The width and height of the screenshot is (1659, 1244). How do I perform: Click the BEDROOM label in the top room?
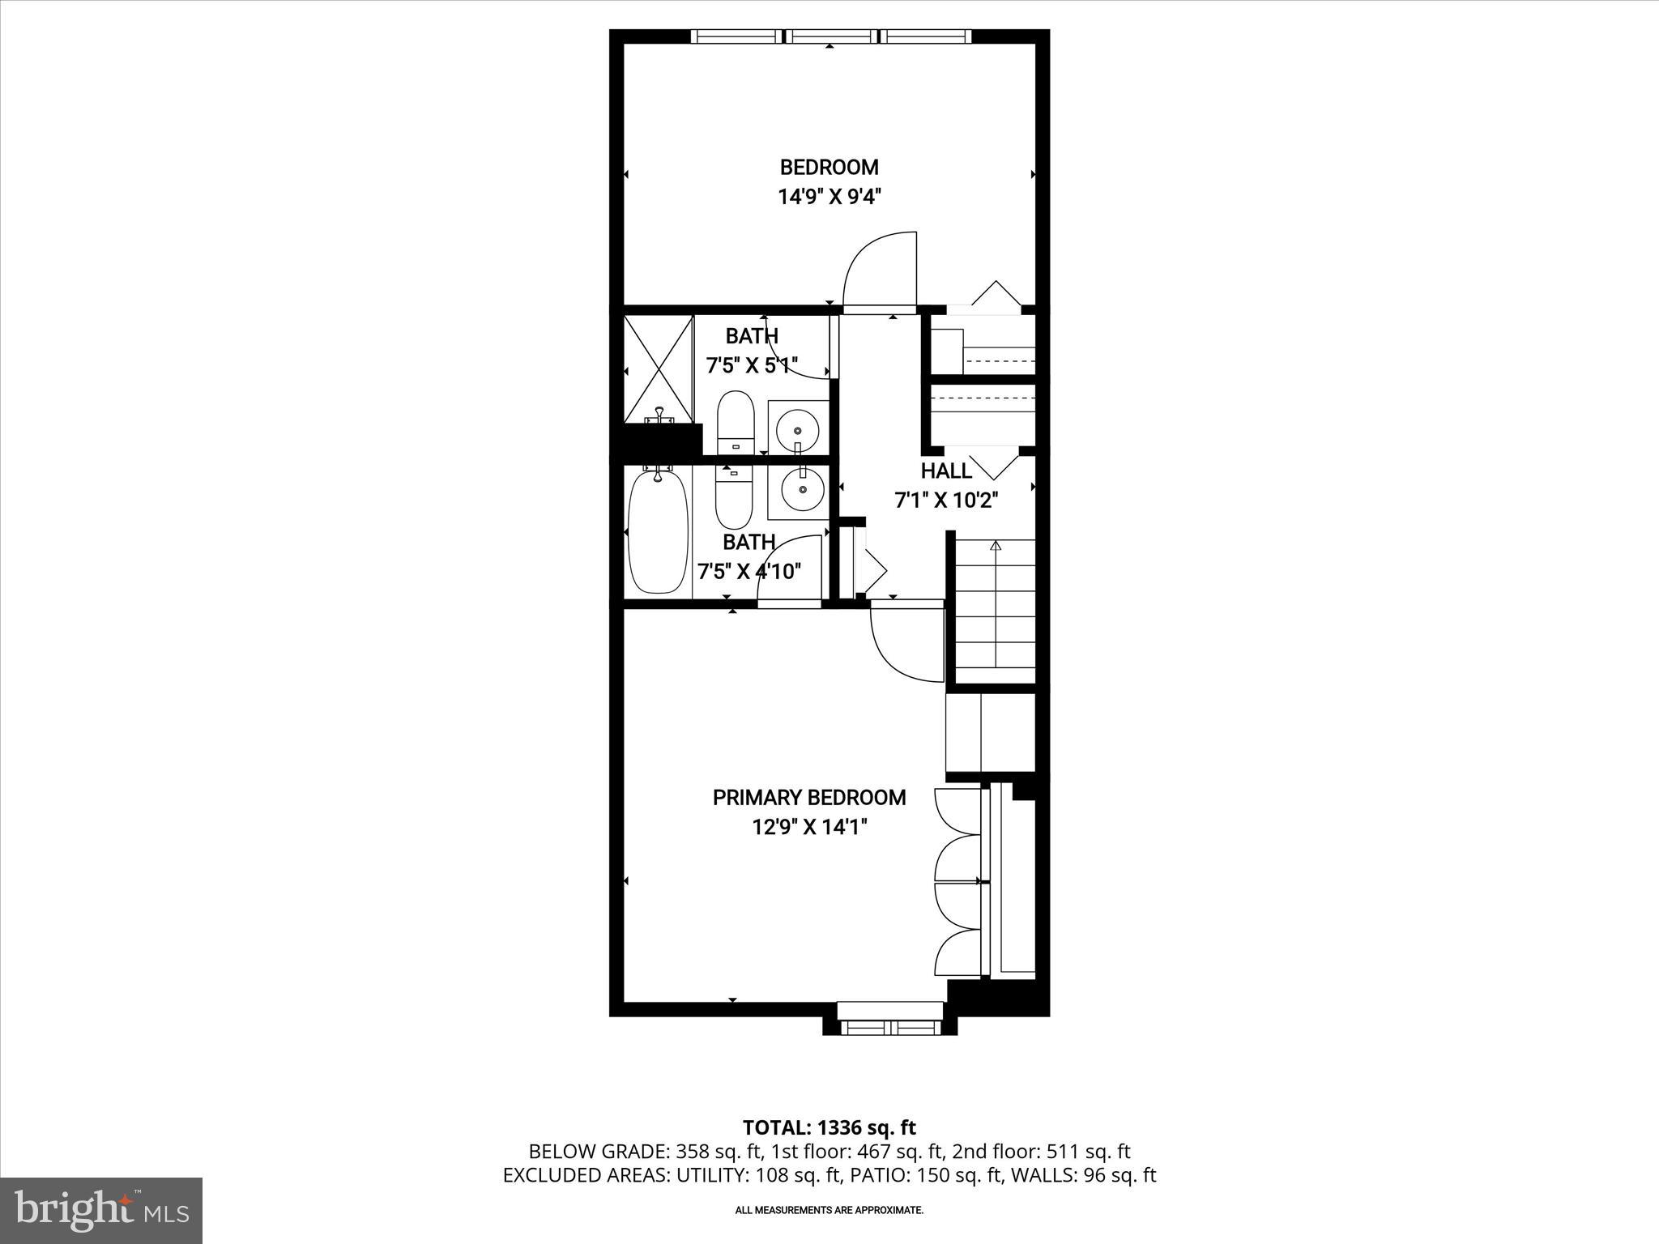click(829, 167)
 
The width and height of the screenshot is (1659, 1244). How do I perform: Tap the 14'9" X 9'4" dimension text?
click(829, 197)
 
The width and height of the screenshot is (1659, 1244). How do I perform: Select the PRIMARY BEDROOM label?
click(808, 798)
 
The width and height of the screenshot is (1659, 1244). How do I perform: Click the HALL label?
click(945, 471)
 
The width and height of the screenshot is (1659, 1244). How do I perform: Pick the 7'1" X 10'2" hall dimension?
click(945, 501)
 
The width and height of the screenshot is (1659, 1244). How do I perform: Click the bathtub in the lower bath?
click(659, 532)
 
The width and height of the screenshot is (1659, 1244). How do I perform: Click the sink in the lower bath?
click(802, 490)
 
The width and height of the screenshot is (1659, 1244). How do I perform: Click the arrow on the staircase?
click(996, 547)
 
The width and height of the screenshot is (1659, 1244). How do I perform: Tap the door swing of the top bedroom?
click(880, 271)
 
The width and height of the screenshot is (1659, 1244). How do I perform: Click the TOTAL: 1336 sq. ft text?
click(829, 1127)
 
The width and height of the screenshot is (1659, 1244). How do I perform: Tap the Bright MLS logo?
click(101, 1210)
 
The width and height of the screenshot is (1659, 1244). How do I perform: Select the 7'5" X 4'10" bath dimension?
click(749, 571)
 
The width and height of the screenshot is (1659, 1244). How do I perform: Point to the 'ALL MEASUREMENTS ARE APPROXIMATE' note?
click(829, 1211)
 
